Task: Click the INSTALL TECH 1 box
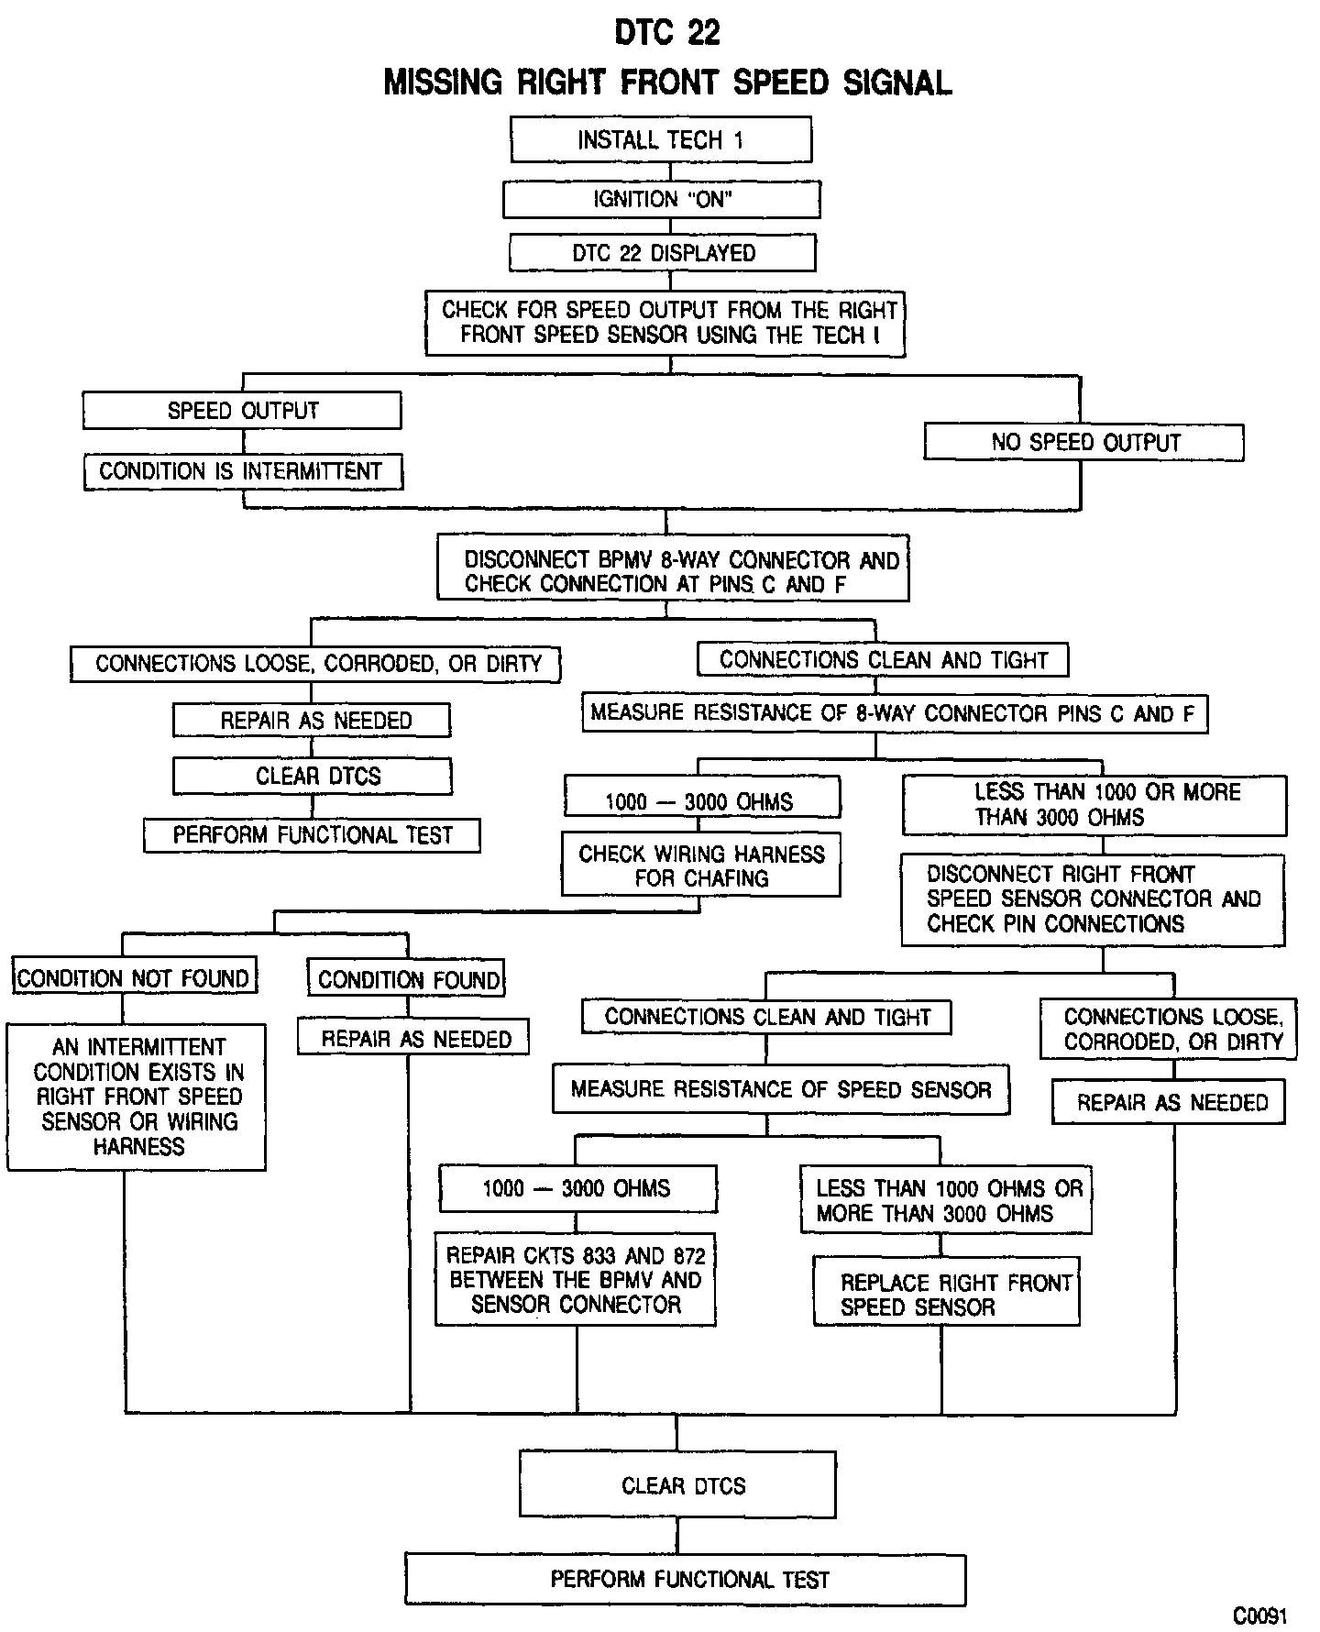[x=660, y=140]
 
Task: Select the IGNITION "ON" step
[x=661, y=200]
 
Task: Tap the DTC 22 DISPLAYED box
[x=663, y=253]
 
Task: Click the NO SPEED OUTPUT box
[x=1083, y=442]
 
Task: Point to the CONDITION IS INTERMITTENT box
[x=242, y=471]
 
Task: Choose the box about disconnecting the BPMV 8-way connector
[x=673, y=571]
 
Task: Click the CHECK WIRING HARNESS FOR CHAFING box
[x=701, y=866]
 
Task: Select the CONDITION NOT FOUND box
[x=134, y=978]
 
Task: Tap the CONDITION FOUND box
[x=407, y=979]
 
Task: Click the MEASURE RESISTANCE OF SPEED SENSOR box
[x=781, y=1089]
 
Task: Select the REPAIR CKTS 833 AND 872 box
[x=576, y=1280]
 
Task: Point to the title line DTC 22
[x=667, y=33]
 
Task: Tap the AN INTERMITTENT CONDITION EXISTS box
[x=137, y=1097]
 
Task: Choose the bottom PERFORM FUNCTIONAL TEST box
[x=686, y=1579]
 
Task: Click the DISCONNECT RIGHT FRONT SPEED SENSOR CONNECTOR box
[x=1093, y=899]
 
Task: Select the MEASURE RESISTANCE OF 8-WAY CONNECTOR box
[x=894, y=713]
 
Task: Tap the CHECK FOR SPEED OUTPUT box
[x=665, y=323]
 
